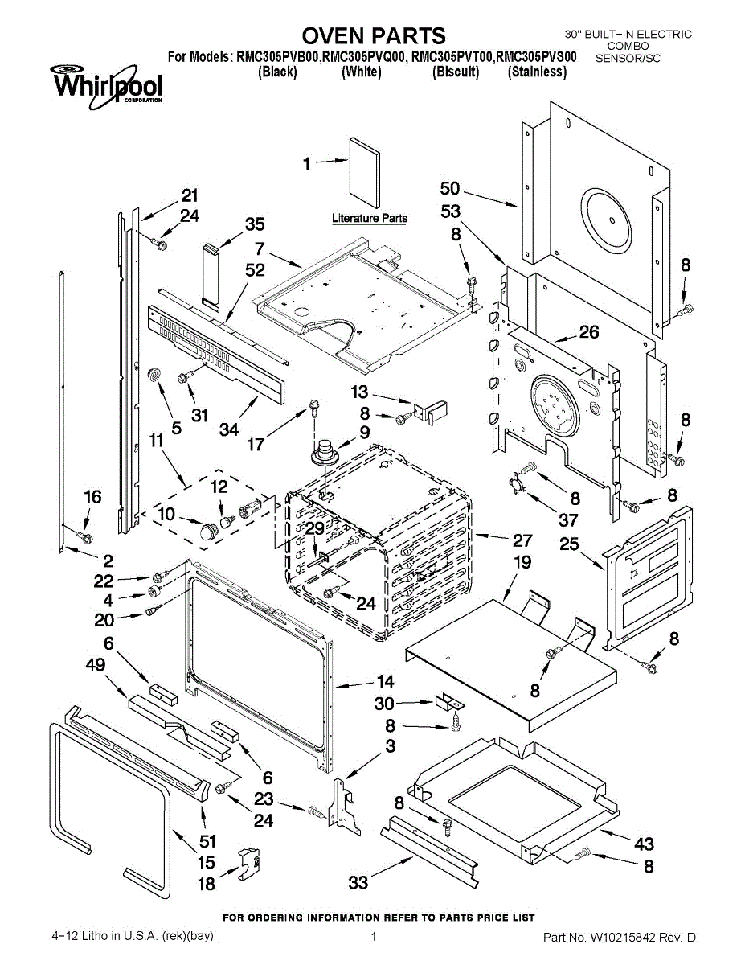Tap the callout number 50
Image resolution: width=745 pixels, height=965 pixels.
[x=450, y=189]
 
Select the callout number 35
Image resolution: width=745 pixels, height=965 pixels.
[x=255, y=224]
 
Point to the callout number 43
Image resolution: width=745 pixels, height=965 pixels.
[x=644, y=844]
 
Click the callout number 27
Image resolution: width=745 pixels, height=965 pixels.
[x=522, y=540]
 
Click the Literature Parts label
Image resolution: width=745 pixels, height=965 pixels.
[x=370, y=218]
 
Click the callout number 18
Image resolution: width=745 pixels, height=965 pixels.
[x=207, y=884]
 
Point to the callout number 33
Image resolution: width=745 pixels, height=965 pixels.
[x=358, y=883]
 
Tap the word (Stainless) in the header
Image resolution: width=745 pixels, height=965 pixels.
[x=537, y=72]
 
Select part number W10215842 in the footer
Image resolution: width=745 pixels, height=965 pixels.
[x=630, y=938]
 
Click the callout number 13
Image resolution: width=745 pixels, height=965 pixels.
[x=359, y=392]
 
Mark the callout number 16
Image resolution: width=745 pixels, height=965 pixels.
[x=93, y=497]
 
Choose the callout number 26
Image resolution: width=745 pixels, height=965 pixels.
[x=589, y=332]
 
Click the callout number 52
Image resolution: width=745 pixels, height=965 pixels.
[x=255, y=271]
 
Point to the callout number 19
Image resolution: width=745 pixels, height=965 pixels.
[x=522, y=562]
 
